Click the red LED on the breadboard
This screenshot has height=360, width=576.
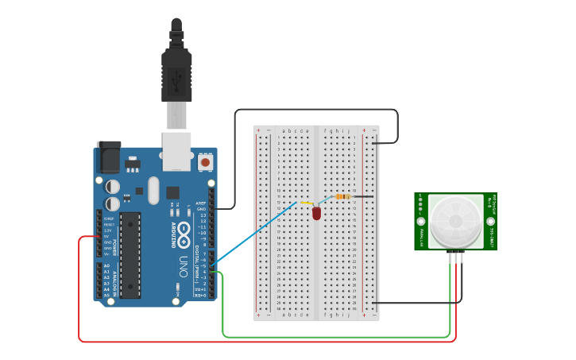click(x=316, y=213)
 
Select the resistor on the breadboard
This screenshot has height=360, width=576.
click(x=343, y=196)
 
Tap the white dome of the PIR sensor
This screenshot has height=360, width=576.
click(x=455, y=221)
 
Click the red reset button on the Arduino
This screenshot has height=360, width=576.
click(x=206, y=162)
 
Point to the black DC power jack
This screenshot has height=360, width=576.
click(x=108, y=157)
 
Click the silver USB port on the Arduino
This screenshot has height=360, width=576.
click(x=177, y=150)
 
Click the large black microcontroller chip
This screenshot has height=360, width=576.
click(x=130, y=254)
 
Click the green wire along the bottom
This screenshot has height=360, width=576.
click(x=334, y=336)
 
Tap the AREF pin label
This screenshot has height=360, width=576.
click(x=202, y=203)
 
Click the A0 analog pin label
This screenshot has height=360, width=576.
click(x=106, y=266)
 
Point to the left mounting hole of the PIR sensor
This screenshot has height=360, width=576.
click(x=421, y=221)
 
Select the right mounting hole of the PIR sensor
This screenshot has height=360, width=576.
click(x=490, y=221)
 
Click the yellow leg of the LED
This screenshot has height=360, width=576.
click(x=306, y=203)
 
